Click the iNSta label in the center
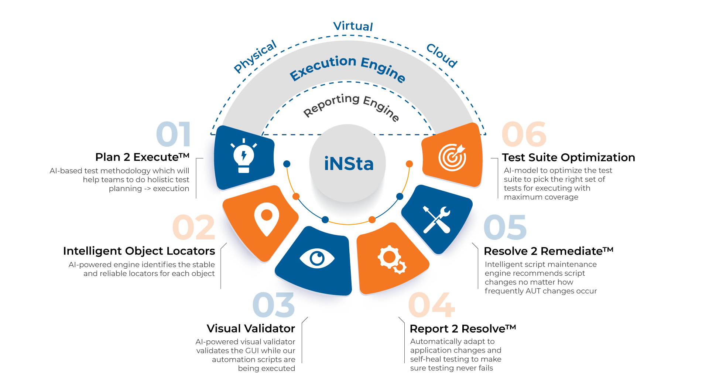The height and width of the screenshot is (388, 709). point(349,164)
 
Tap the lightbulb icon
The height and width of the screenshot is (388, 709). point(244,156)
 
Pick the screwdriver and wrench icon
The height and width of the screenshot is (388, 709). point(437,219)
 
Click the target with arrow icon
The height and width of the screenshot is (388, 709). point(453,157)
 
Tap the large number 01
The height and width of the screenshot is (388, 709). point(174,134)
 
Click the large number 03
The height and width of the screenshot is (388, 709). point(274,305)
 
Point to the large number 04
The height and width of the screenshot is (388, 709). point(431,305)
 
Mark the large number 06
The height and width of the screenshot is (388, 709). point(524,134)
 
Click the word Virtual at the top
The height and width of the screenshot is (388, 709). point(353,26)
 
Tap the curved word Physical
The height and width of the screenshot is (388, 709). point(255,56)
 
